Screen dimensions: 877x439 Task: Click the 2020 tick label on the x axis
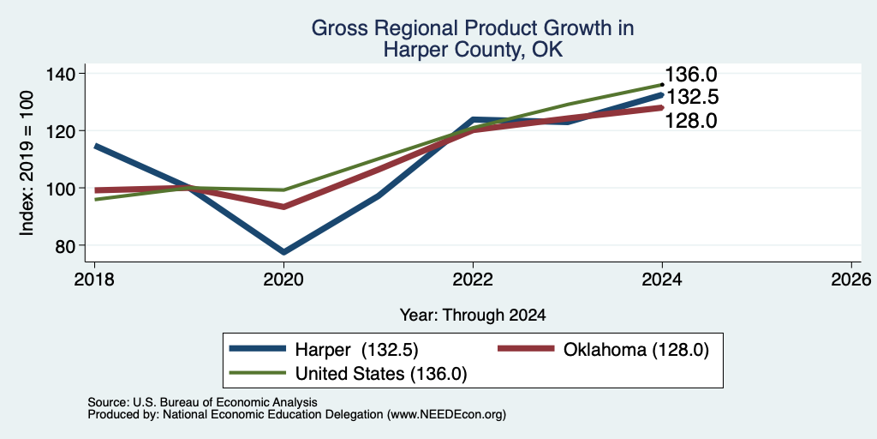coord(283,279)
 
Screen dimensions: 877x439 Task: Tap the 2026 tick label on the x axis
coord(850,279)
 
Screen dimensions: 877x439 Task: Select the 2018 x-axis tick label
coord(94,279)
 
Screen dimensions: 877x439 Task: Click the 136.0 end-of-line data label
coord(691,75)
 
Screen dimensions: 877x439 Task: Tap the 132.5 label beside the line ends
coord(691,98)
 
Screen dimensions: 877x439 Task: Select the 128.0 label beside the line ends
coord(691,120)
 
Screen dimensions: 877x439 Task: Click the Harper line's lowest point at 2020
coord(283,252)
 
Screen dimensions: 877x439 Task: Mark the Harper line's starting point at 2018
coord(96,146)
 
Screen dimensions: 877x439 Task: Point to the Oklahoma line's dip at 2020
coord(283,207)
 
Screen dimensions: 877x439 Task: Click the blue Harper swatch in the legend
coord(258,348)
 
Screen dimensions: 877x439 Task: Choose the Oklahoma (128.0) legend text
coord(636,350)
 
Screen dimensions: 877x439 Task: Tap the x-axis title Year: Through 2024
coord(473,316)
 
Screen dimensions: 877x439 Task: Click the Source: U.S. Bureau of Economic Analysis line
coord(202,402)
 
